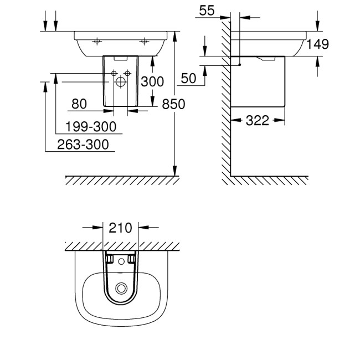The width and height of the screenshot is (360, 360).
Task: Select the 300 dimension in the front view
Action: [152, 82]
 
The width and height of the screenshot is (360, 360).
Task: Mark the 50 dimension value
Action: [188, 79]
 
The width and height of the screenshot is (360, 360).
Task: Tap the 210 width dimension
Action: [121, 227]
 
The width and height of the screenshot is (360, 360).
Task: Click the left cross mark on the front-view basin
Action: [96, 41]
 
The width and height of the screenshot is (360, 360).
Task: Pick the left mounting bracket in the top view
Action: [110, 259]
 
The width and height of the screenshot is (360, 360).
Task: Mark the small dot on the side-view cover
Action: [240, 65]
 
